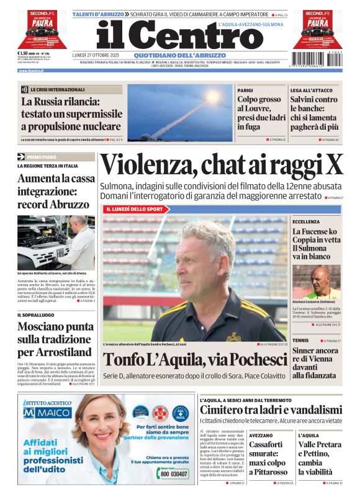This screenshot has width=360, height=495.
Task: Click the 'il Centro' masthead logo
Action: coord(180,36)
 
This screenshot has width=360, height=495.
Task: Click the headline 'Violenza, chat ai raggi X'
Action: coord(222,165)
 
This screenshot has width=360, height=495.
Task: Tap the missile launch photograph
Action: coord(179,112)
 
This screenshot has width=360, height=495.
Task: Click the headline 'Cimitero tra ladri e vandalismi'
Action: coord(271,409)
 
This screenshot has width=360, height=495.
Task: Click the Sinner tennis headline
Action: coord(315,363)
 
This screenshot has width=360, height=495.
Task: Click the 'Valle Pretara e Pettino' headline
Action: coord(319,458)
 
